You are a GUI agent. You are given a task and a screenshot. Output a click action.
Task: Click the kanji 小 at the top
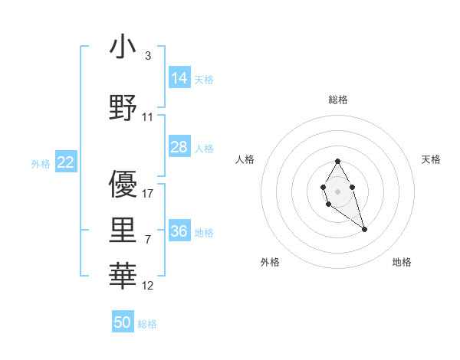(x=123, y=47)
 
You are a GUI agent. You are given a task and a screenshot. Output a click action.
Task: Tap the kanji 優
(x=123, y=184)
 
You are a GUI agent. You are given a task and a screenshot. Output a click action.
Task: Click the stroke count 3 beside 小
(x=147, y=56)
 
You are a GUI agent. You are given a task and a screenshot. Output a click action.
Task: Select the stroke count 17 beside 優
(x=148, y=193)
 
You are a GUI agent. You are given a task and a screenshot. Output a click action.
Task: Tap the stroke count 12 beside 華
(x=148, y=286)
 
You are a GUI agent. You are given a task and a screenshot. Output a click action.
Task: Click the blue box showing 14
(x=179, y=77)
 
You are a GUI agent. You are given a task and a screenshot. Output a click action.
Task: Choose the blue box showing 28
(x=179, y=147)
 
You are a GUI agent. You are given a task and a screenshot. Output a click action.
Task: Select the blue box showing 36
(x=179, y=231)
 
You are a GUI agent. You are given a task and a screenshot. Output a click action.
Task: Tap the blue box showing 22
(x=65, y=162)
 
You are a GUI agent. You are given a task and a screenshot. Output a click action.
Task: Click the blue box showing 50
(x=123, y=322)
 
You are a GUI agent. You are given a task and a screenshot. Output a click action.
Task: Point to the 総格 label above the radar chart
(x=337, y=100)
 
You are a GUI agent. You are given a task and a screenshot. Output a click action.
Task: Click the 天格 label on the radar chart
(x=432, y=159)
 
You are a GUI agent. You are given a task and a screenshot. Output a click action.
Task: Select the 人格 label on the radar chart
(x=245, y=159)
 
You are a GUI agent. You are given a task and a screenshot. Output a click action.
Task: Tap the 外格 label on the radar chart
(x=270, y=262)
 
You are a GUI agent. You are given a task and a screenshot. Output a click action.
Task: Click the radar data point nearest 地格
(x=365, y=229)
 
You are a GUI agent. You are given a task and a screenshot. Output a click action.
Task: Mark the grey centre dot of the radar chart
(x=337, y=190)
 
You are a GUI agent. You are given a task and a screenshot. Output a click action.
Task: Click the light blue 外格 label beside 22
(x=40, y=163)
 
